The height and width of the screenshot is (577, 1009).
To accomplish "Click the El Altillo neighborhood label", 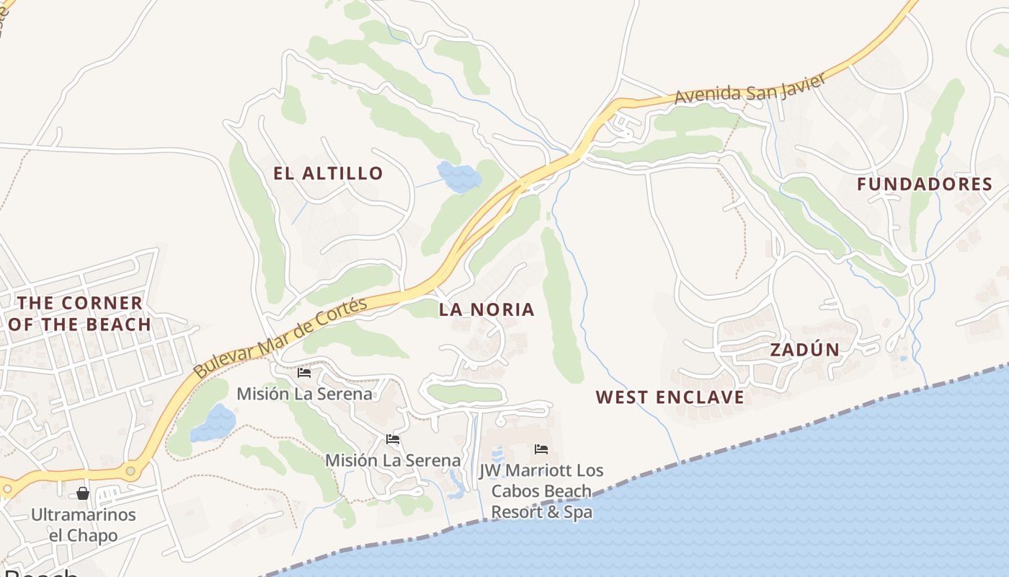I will pos(328,173).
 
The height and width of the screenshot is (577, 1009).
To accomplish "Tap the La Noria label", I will pos(486,310).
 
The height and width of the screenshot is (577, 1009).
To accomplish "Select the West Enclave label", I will pos(670,397).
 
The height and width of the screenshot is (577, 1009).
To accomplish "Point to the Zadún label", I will pos(804,351).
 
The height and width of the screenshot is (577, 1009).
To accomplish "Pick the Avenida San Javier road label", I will pos(750,89).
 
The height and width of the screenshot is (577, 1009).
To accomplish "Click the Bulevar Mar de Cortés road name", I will pos(281,338).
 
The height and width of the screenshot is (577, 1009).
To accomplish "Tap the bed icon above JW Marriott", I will pos(541,449).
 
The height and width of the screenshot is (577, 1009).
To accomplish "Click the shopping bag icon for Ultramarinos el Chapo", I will pos(83,493).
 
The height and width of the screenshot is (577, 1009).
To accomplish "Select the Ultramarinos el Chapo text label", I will pos(83,525).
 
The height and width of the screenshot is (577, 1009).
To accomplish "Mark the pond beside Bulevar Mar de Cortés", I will pos(213,423).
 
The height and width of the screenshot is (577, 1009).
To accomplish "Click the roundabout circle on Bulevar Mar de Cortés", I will pos(130,472).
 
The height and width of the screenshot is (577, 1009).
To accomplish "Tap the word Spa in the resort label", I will pos(579,513).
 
